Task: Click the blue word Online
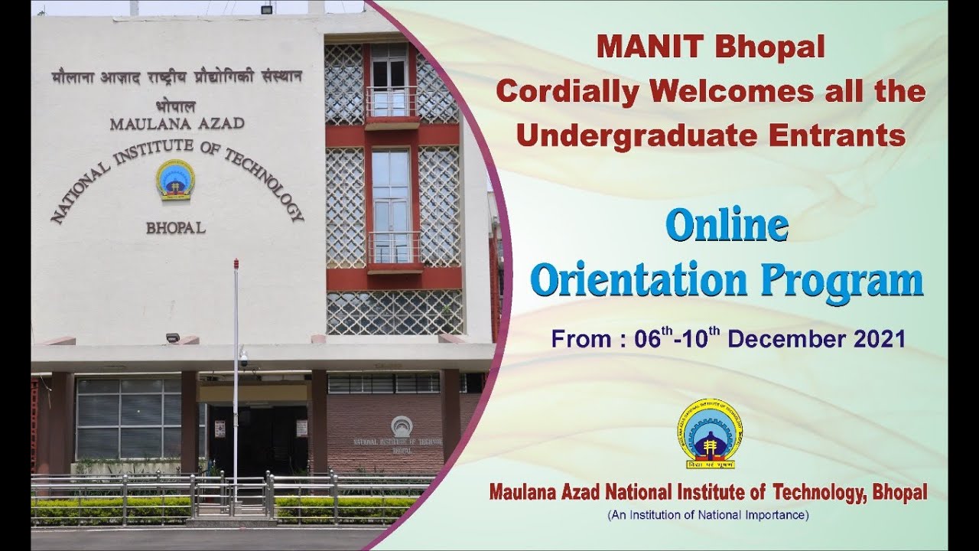(x=727, y=226)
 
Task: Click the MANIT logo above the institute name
(x=710, y=433)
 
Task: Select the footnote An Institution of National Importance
(x=707, y=515)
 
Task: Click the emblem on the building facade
(x=175, y=180)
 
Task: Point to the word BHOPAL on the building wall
(x=175, y=228)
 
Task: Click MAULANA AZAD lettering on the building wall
(x=177, y=123)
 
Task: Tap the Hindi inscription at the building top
(x=177, y=77)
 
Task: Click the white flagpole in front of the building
(x=236, y=367)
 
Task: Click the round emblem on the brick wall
(x=401, y=426)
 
